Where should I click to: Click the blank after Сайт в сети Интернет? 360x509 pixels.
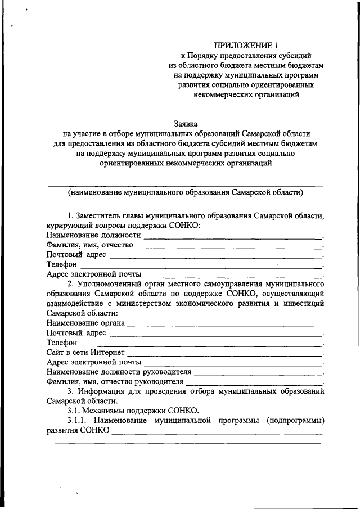point(226,353)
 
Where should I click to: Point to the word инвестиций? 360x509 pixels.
point(303,304)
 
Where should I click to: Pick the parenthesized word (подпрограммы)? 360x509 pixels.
point(296,420)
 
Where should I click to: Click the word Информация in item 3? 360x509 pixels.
point(106,391)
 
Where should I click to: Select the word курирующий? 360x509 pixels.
point(70,225)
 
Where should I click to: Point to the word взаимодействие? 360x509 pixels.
point(75,304)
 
